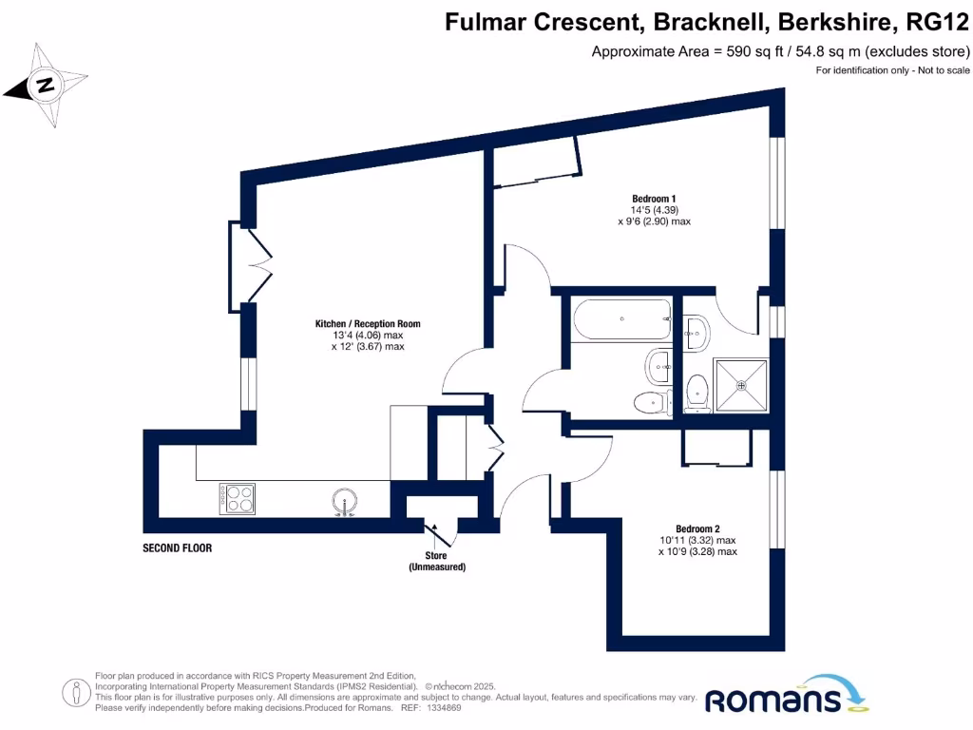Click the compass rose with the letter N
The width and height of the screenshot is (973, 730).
(44, 86)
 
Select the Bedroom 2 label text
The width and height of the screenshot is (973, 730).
(698, 528)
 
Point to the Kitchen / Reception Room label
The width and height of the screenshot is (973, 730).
(368, 324)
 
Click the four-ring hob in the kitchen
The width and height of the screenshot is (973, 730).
(238, 499)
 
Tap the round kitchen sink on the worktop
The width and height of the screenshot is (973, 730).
(344, 500)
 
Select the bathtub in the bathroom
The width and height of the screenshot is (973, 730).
(620, 319)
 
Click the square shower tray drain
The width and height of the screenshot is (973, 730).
(741, 385)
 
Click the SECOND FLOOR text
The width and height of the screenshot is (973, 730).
(177, 548)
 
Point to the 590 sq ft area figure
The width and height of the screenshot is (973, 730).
(756, 51)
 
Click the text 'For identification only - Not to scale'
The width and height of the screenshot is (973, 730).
(892, 71)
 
